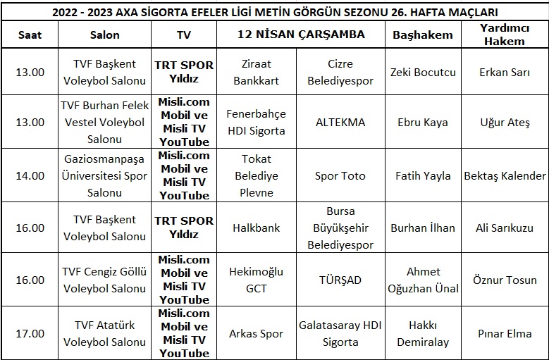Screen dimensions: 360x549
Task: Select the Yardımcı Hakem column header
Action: [x=505, y=35]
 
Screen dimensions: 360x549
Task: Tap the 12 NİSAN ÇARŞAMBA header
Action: [x=301, y=35]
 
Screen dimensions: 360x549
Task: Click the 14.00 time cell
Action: [x=30, y=175]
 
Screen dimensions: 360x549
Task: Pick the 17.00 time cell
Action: [x=30, y=333]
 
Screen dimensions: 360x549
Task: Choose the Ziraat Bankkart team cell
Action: [x=256, y=72]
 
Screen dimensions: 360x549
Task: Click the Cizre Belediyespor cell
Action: [x=341, y=72]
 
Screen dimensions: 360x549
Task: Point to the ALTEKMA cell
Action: [x=341, y=122]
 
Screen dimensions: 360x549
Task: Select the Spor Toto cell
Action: [x=341, y=175]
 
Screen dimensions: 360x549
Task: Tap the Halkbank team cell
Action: [x=256, y=228]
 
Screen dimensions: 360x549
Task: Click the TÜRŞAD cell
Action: [x=341, y=280]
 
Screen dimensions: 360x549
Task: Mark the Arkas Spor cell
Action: [x=256, y=333]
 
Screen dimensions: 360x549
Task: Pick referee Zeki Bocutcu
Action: [x=422, y=72]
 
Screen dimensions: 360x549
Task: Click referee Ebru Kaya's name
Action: [x=422, y=122]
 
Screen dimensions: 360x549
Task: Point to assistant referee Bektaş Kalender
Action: [x=505, y=175]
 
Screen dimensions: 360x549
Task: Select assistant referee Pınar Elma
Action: [x=505, y=333]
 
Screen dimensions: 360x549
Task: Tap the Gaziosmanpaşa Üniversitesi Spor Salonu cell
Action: [x=104, y=175]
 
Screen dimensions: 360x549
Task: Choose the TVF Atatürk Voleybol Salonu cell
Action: [x=104, y=333]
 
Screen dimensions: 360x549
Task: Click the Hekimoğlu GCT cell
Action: [x=256, y=280]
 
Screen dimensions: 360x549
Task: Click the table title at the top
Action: [x=274, y=11]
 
